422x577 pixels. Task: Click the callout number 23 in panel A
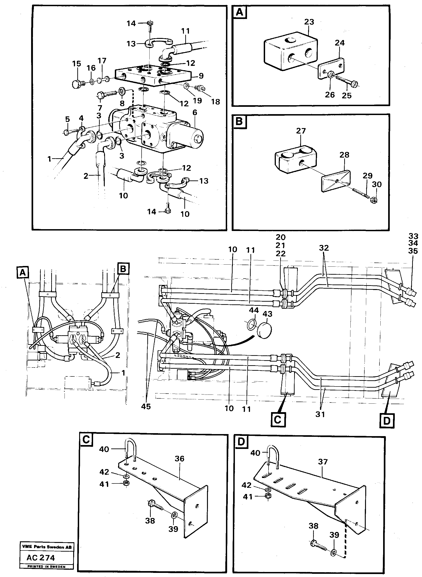[309, 22]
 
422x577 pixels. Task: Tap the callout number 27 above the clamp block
[301, 131]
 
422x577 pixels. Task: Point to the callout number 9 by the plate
[201, 76]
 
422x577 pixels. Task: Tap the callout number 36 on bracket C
[179, 459]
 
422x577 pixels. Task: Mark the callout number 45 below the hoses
[146, 406]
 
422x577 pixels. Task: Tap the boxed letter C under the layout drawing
[278, 419]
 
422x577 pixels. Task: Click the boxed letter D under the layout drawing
[387, 420]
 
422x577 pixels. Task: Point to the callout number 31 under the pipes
[320, 414]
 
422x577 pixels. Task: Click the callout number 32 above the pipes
[324, 248]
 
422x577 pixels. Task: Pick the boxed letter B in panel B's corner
[239, 121]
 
